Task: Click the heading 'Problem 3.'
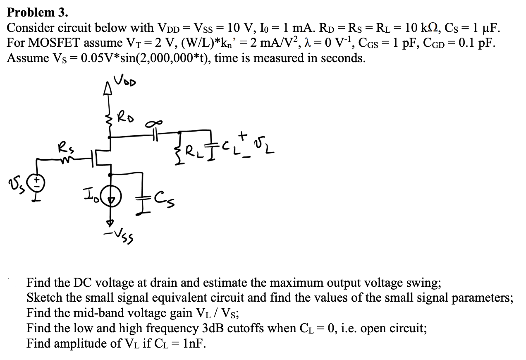(x=38, y=12)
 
